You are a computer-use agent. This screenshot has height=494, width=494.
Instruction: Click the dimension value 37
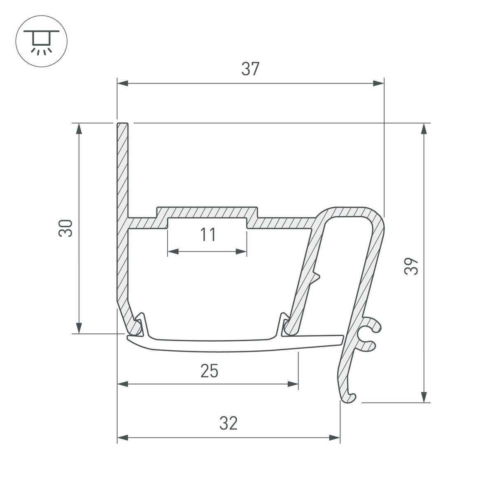(x=250, y=69)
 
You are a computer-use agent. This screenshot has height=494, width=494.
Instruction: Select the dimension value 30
(x=66, y=228)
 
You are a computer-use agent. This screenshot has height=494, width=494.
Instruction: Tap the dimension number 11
(x=208, y=235)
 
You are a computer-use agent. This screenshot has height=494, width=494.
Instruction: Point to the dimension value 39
(x=411, y=266)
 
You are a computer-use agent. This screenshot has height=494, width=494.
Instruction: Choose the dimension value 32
(x=228, y=423)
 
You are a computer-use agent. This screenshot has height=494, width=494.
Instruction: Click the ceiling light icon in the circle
(x=41, y=41)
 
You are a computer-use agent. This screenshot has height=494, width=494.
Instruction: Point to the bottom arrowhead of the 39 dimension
(x=424, y=397)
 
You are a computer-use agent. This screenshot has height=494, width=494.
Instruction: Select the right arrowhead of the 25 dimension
(x=293, y=384)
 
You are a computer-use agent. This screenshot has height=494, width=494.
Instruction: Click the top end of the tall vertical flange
(x=122, y=125)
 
